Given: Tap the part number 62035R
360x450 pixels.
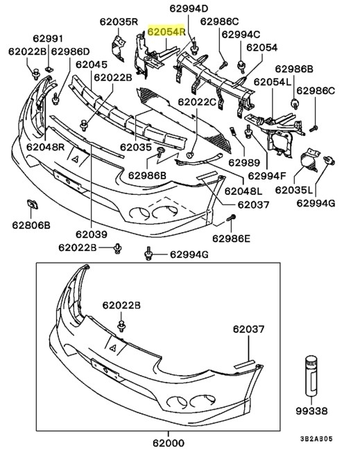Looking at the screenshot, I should [121, 21].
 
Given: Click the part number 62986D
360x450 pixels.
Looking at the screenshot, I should [70, 51].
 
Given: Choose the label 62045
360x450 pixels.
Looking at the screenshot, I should [91, 64].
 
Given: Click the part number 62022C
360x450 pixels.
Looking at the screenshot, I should [198, 102].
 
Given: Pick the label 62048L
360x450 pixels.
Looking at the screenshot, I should [243, 190].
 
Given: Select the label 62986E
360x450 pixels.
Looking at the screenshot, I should [232, 238].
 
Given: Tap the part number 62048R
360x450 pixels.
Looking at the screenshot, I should [46, 147].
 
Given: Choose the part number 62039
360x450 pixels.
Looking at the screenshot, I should [92, 234].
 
